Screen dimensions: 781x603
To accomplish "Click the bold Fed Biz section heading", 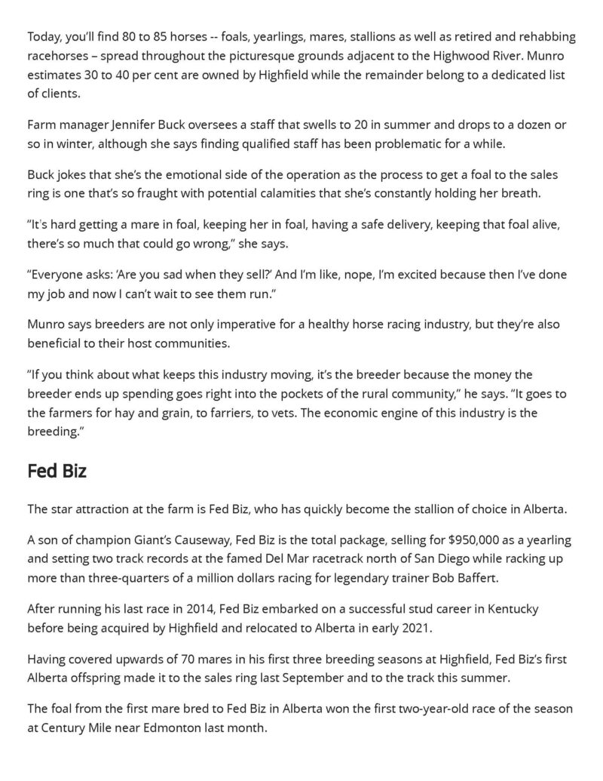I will click(x=57, y=472).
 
